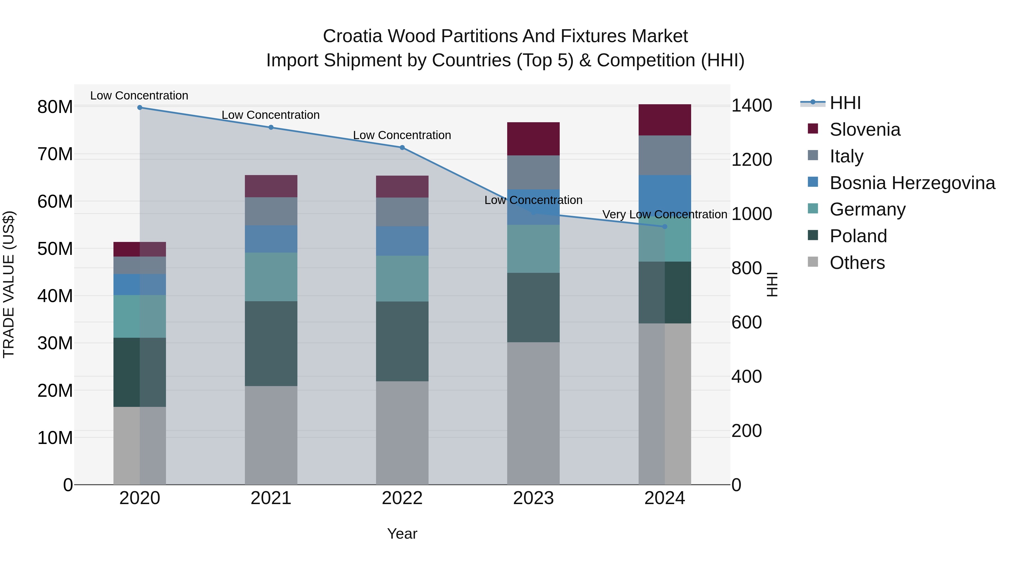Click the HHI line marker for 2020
pyautogui.click(x=140, y=108)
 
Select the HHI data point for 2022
pyautogui.click(x=402, y=148)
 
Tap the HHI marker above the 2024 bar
pyautogui.click(x=664, y=226)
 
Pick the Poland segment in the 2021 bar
pyautogui.click(x=271, y=344)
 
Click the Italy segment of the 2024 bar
pyautogui.click(x=664, y=155)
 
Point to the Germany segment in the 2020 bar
pyautogui.click(x=140, y=316)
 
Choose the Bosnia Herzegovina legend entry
pyautogui.click(x=912, y=183)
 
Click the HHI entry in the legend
pyautogui.click(x=845, y=103)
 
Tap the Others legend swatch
pyautogui.click(x=813, y=262)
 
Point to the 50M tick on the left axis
pyautogui.click(x=55, y=249)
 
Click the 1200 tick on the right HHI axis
pyautogui.click(x=752, y=160)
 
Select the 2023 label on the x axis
pyautogui.click(x=533, y=498)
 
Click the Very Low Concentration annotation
pyautogui.click(x=664, y=214)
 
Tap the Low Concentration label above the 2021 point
pyautogui.click(x=270, y=115)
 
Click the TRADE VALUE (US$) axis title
pyautogui.click(x=9, y=284)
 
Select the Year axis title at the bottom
pyautogui.click(x=402, y=534)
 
